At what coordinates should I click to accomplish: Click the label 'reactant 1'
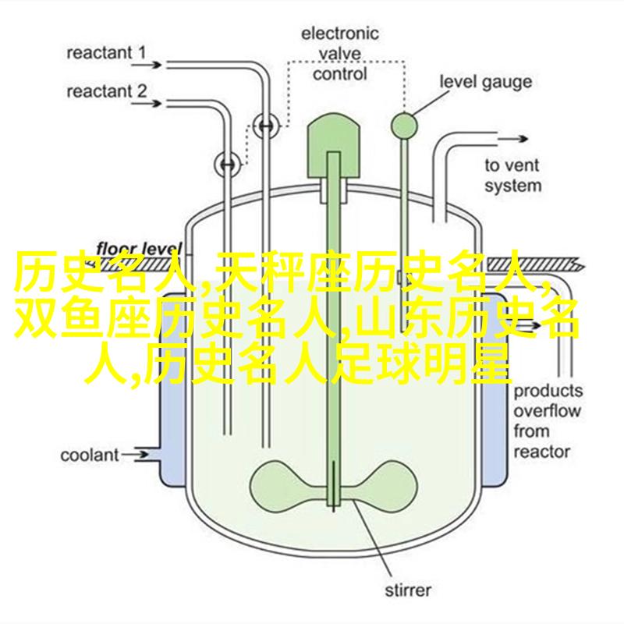coord(106,53)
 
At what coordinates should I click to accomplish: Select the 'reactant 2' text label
coord(107,91)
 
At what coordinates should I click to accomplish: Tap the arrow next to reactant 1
coord(147,65)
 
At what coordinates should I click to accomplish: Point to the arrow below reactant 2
coord(147,104)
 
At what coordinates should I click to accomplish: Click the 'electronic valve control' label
coord(339,54)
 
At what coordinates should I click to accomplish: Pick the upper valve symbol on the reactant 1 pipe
coord(266,126)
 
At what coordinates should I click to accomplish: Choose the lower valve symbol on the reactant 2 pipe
coord(228,165)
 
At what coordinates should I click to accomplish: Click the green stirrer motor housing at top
coord(334,145)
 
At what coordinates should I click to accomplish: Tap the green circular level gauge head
coord(404,126)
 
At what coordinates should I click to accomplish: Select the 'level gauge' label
coord(485,82)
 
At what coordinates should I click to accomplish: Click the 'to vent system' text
coord(513,175)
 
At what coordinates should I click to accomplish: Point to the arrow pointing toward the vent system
coord(512,139)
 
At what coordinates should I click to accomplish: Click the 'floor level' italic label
coord(139,249)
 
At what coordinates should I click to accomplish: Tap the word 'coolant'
coord(90,456)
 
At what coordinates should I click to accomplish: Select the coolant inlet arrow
coord(135,454)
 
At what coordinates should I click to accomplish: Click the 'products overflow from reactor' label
coord(548,421)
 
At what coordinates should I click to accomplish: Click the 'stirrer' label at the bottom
coord(408,590)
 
